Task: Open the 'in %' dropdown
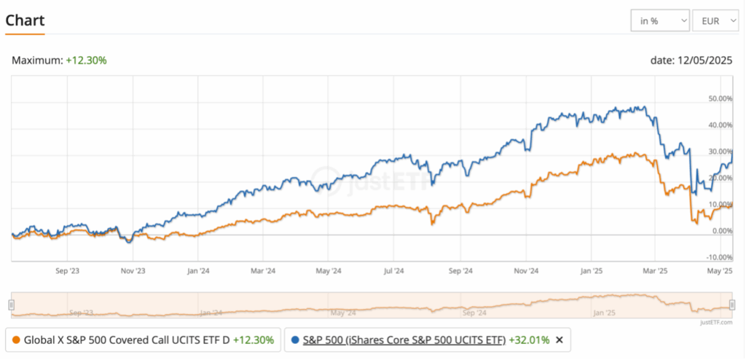tap(660, 21)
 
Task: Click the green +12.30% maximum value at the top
tap(86, 60)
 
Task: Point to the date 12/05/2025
tap(691, 60)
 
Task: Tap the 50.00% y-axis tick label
tap(721, 98)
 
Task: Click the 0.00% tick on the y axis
tap(722, 231)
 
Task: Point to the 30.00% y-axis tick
tap(721, 152)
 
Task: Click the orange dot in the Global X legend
tap(16, 340)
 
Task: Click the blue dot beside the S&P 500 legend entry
tap(294, 340)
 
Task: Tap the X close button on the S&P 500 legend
tap(559, 340)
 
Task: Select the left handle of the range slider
tap(11, 305)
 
